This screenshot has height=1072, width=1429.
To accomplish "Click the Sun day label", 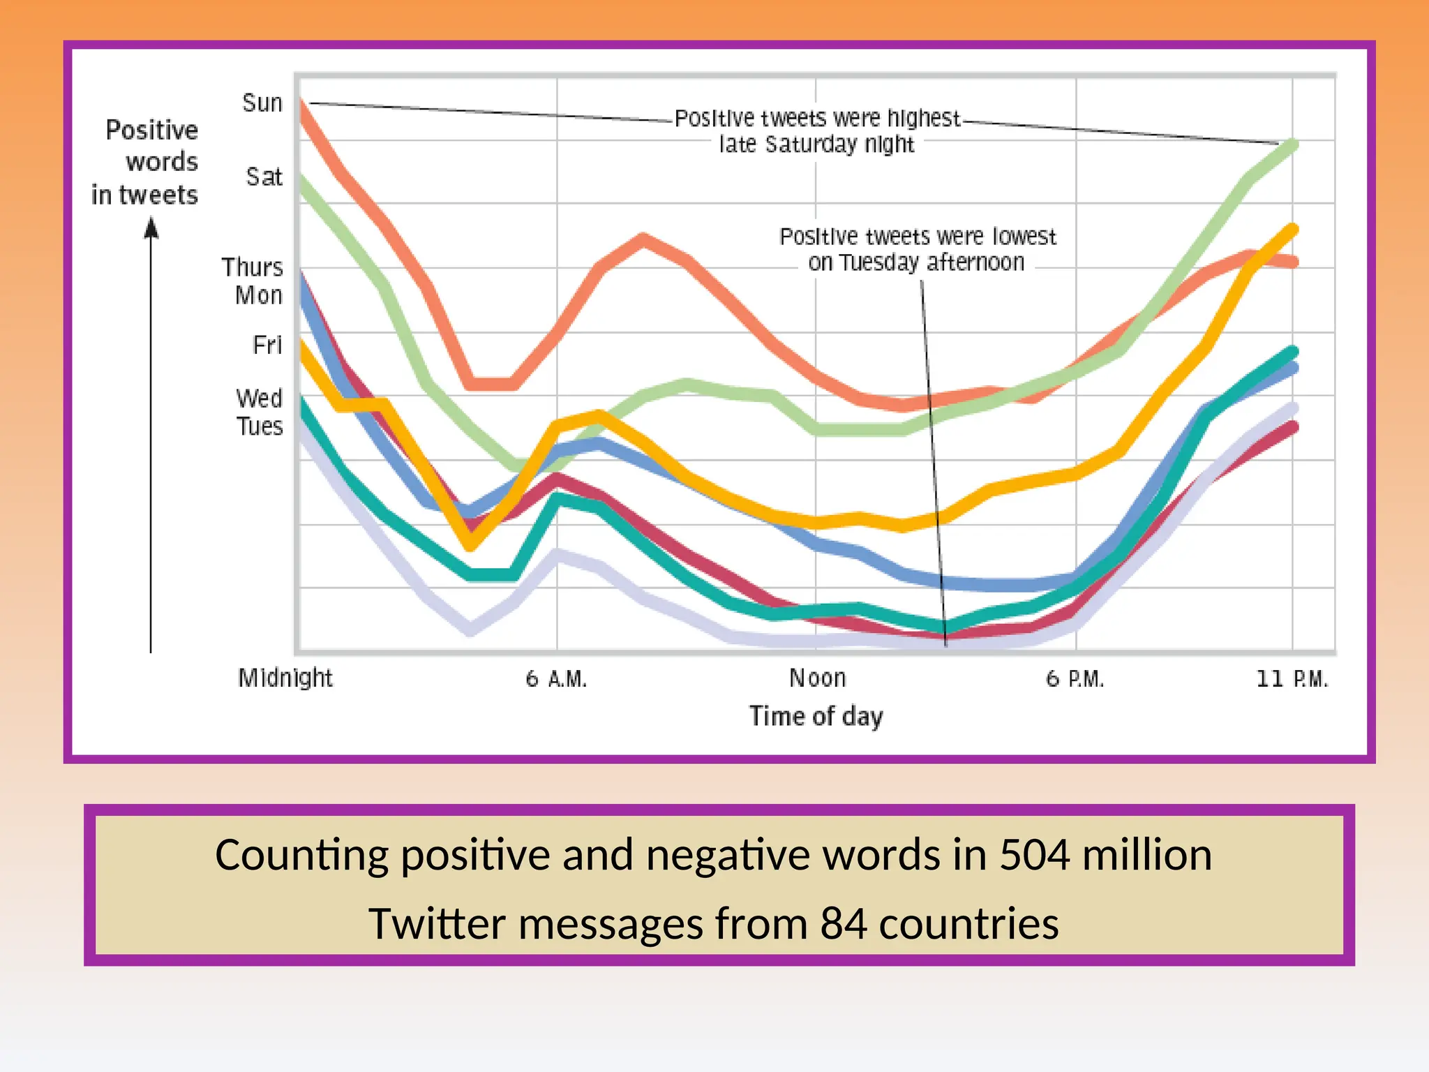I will pyautogui.click(x=262, y=103).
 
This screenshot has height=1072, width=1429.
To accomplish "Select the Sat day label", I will pyautogui.click(x=264, y=177).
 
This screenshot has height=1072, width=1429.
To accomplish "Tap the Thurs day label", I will pyautogui.click(x=253, y=267).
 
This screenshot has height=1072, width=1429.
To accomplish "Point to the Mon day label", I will pyautogui.click(x=259, y=295).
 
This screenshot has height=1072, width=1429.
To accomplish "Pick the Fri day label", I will pyautogui.click(x=267, y=345).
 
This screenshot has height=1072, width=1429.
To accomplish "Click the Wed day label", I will pyautogui.click(x=260, y=399).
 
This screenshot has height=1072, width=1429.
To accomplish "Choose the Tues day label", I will pyautogui.click(x=260, y=426).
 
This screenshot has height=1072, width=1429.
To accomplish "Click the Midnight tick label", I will pyautogui.click(x=285, y=678).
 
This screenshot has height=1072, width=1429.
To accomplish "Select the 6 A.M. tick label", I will pyautogui.click(x=556, y=678).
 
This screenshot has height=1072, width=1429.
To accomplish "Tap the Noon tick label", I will pyautogui.click(x=817, y=678).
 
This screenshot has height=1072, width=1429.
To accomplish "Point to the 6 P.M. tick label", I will pyautogui.click(x=1075, y=678).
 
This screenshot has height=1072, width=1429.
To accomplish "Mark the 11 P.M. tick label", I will pyautogui.click(x=1292, y=678).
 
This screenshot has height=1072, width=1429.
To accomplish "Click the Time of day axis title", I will pyautogui.click(x=816, y=716).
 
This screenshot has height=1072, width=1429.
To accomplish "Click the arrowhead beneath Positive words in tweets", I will pyautogui.click(x=151, y=228).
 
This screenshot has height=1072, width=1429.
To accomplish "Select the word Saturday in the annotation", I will pyautogui.click(x=811, y=144).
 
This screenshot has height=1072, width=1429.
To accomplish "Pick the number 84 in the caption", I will pyautogui.click(x=843, y=924).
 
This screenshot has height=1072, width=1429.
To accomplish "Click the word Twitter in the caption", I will pyautogui.click(x=437, y=924).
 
